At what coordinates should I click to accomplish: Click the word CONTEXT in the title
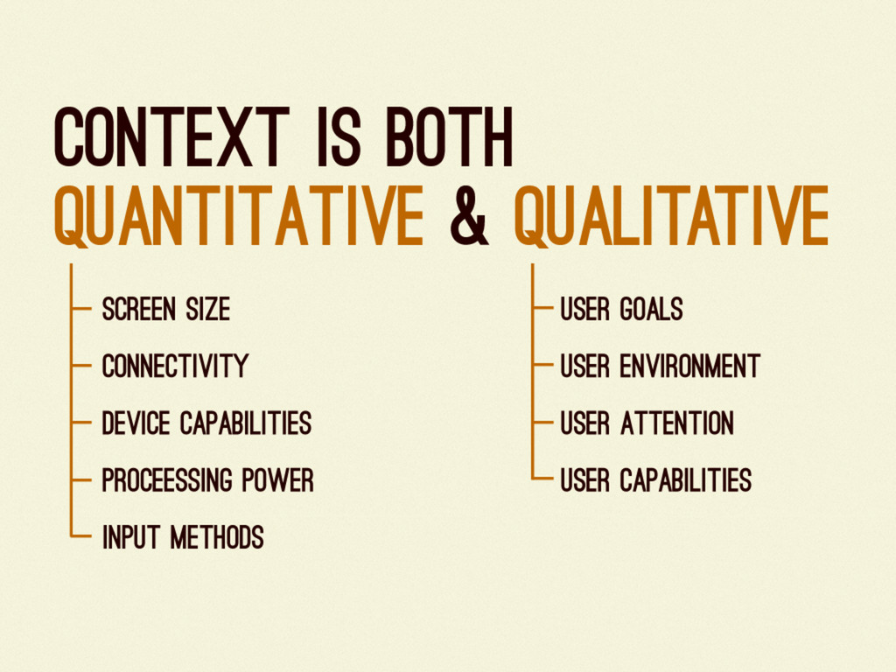pyautogui.click(x=171, y=136)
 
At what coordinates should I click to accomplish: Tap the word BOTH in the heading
pyautogui.click(x=449, y=136)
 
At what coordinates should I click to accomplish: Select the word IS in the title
pyautogui.click(x=339, y=136)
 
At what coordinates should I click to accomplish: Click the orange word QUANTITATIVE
pyautogui.click(x=238, y=216)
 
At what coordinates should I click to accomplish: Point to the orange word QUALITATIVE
pyautogui.click(x=671, y=216)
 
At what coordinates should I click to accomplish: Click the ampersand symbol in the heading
pyautogui.click(x=469, y=216)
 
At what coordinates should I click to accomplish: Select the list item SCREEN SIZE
pyautogui.click(x=165, y=309)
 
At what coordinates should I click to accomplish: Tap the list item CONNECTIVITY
pyautogui.click(x=175, y=367)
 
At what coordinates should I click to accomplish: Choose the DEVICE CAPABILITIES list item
pyautogui.click(x=206, y=423)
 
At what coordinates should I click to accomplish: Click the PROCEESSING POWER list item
pyautogui.click(x=208, y=480)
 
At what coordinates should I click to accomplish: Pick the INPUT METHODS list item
pyautogui.click(x=183, y=537)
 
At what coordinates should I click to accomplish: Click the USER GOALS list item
pyautogui.click(x=622, y=309)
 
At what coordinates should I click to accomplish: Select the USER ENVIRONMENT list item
pyautogui.click(x=660, y=367)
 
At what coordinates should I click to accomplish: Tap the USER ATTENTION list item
pyautogui.click(x=647, y=423)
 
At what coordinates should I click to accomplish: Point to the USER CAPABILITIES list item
pyautogui.click(x=656, y=480)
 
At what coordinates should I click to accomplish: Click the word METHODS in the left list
pyautogui.click(x=217, y=537)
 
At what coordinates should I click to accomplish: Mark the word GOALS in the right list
pyautogui.click(x=652, y=309)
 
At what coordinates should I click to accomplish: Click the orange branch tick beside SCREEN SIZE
pyautogui.click(x=81, y=309)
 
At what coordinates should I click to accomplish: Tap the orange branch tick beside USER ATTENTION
pyautogui.click(x=542, y=423)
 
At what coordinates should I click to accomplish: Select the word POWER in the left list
pyautogui.click(x=277, y=480)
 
